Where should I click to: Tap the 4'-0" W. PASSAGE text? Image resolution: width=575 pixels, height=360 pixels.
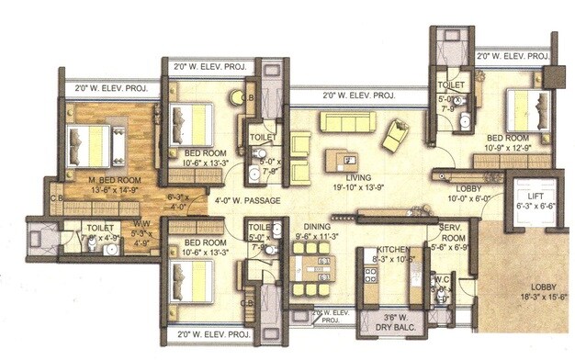pos(247,199)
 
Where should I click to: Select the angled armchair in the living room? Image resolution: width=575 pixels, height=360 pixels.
pos(396,136)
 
